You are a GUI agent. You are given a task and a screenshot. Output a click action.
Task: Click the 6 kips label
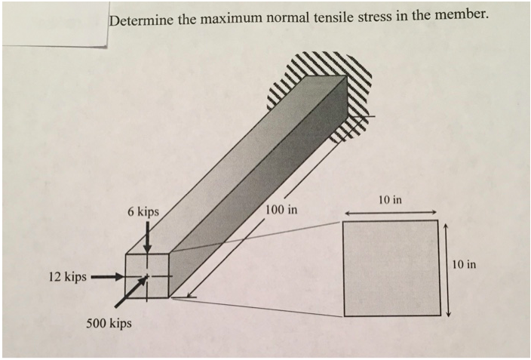click(143, 212)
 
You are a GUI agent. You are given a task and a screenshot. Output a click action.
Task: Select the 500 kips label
click(109, 324)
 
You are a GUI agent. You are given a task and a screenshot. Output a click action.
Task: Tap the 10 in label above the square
click(390, 200)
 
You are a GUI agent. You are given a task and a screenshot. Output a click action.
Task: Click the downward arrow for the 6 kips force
click(148, 239)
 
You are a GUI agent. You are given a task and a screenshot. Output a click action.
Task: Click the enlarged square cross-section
click(390, 268)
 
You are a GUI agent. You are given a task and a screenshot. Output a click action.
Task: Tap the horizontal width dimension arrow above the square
click(390, 213)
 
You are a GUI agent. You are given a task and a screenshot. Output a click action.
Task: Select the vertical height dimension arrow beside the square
click(448, 269)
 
